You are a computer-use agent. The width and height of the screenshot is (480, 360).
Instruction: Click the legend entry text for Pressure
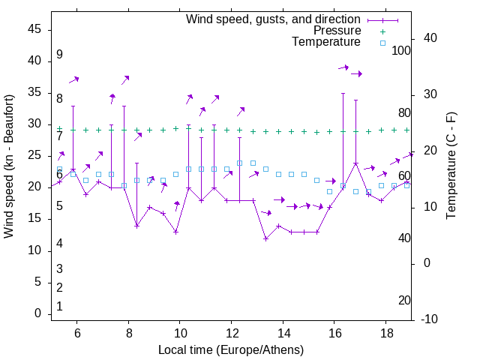pyautogui.click(x=337, y=31)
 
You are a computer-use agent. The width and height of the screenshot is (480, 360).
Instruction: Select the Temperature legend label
pyautogui.click(x=326, y=42)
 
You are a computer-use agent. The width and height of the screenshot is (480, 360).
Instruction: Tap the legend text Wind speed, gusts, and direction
pyautogui.click(x=274, y=19)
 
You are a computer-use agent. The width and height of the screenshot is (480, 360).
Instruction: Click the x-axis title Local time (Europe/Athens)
pyautogui.click(x=231, y=350)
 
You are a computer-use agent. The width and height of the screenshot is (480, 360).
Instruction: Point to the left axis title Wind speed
pyautogui.click(x=9, y=166)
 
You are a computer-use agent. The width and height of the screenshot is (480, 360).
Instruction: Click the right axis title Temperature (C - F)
pyautogui.click(x=451, y=166)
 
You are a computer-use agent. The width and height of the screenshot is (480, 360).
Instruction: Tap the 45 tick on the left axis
pyautogui.click(x=34, y=29)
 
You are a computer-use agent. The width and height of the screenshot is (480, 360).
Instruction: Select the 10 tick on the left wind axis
pyautogui.click(x=34, y=250)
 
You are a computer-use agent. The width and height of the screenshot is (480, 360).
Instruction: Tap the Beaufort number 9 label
pyautogui.click(x=59, y=55)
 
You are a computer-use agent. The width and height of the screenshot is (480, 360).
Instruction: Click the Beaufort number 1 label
pyautogui.click(x=59, y=306)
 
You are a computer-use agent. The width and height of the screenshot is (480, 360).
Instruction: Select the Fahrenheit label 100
pyautogui.click(x=401, y=50)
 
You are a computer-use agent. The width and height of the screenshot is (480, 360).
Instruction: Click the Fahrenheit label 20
pyautogui.click(x=404, y=300)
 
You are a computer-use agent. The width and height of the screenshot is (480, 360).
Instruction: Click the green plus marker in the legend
pyautogui.click(x=382, y=31)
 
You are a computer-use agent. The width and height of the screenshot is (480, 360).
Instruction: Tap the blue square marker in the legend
pyautogui.click(x=382, y=43)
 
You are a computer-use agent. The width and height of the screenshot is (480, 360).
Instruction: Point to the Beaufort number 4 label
pyautogui.click(x=59, y=243)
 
